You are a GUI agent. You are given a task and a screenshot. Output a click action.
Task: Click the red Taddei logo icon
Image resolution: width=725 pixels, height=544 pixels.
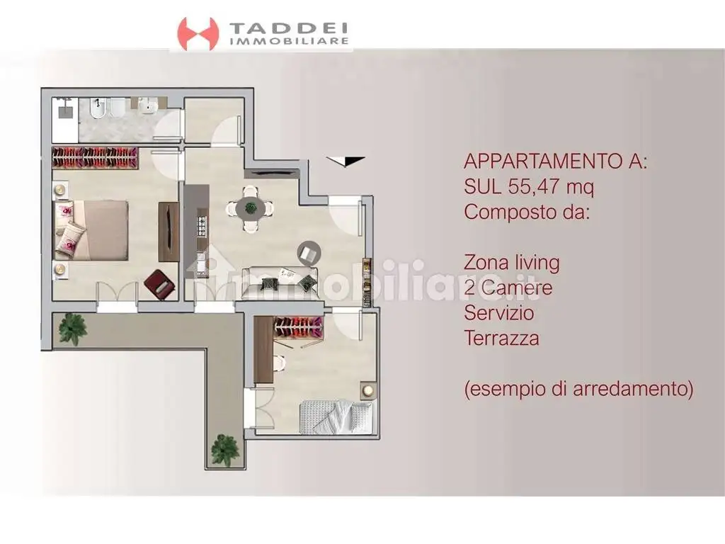click(x=198, y=33)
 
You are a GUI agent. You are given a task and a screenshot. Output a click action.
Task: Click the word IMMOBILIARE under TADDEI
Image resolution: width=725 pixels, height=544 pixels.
click(x=290, y=42)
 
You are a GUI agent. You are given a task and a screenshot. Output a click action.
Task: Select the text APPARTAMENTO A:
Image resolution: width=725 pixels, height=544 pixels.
click(x=555, y=161)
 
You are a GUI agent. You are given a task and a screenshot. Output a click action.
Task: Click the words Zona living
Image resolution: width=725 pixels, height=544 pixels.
click(x=512, y=263)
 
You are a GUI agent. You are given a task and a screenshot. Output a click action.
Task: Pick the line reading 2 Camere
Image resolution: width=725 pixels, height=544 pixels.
click(x=508, y=288)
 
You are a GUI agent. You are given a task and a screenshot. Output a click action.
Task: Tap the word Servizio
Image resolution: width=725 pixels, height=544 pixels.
click(x=499, y=312)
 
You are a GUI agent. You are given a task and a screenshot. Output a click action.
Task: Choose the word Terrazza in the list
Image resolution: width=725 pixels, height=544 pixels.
click(x=502, y=338)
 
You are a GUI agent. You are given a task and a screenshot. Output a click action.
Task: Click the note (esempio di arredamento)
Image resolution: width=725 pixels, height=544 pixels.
click(x=578, y=389)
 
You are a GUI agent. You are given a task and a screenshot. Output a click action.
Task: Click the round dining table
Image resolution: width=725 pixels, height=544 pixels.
click(x=250, y=208)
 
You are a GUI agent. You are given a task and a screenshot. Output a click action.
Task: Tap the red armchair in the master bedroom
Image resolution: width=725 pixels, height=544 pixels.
click(x=159, y=285)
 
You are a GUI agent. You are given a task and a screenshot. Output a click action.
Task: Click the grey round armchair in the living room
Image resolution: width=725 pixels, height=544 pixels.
click(x=309, y=251)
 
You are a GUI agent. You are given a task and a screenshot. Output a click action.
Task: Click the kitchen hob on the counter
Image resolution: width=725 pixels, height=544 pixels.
click(x=200, y=226)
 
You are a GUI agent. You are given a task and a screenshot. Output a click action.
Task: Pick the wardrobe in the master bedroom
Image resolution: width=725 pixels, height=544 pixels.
click(x=94, y=158)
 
